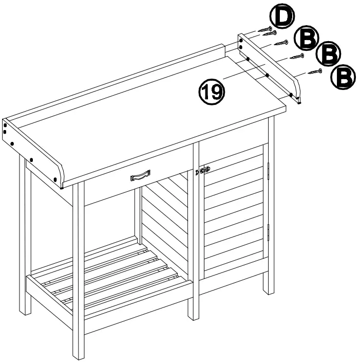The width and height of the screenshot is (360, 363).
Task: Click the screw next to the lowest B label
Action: (x=314, y=72)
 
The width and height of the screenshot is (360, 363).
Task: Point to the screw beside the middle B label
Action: (x=297, y=55)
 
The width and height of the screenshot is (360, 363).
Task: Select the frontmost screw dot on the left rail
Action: (x=56, y=179)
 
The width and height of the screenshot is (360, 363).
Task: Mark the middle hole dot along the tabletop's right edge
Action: (x=268, y=76)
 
